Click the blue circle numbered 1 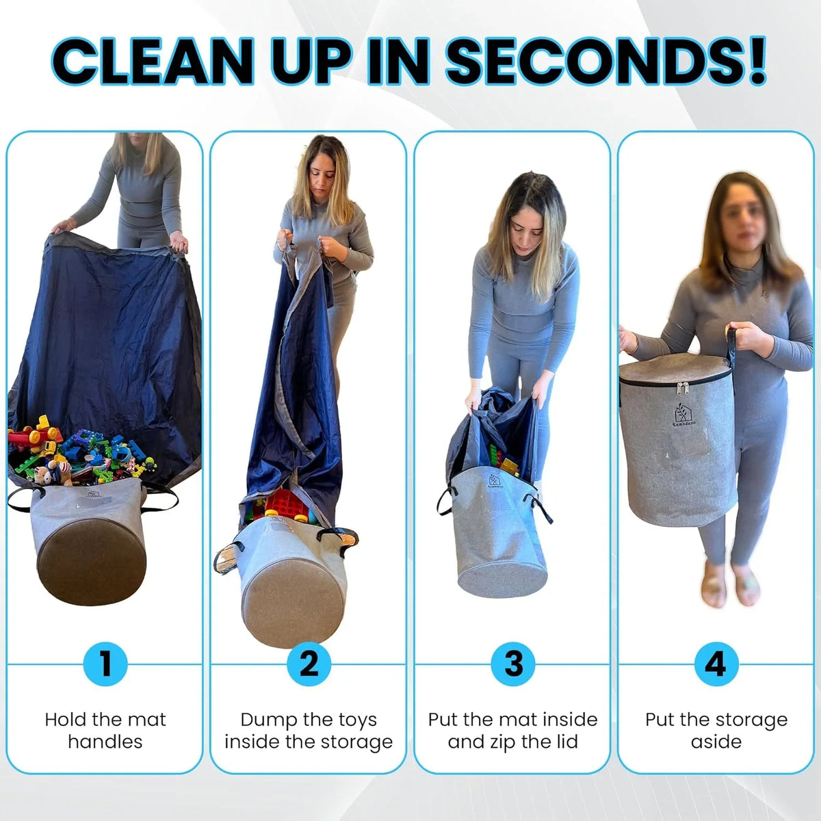point(105,664)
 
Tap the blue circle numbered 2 point(309,664)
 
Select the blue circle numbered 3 point(512,664)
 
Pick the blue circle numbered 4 point(716,664)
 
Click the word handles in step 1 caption point(105,742)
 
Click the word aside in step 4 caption point(716,742)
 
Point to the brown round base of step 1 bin point(92,561)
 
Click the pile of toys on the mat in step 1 point(81,452)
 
